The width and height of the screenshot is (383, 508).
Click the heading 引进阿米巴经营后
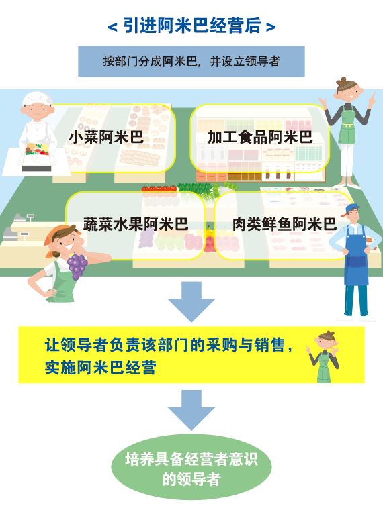[191, 26]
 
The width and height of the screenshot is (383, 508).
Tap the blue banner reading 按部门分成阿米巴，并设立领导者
[191, 61]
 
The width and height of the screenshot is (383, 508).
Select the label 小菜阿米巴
[106, 137]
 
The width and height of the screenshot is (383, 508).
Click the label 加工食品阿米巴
[260, 136]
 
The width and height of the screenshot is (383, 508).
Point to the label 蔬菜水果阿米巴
[136, 224]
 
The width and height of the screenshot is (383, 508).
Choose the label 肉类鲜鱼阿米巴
[284, 224]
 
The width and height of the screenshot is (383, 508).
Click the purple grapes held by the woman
[77, 266]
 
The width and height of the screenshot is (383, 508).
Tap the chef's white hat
[36, 98]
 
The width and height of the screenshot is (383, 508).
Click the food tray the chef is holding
[37, 157]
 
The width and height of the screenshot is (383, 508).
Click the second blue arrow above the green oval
[191, 409]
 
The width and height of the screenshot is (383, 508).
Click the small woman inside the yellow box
[323, 356]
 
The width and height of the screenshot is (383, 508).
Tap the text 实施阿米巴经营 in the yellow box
[101, 367]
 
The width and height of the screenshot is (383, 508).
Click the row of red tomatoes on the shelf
[159, 189]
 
